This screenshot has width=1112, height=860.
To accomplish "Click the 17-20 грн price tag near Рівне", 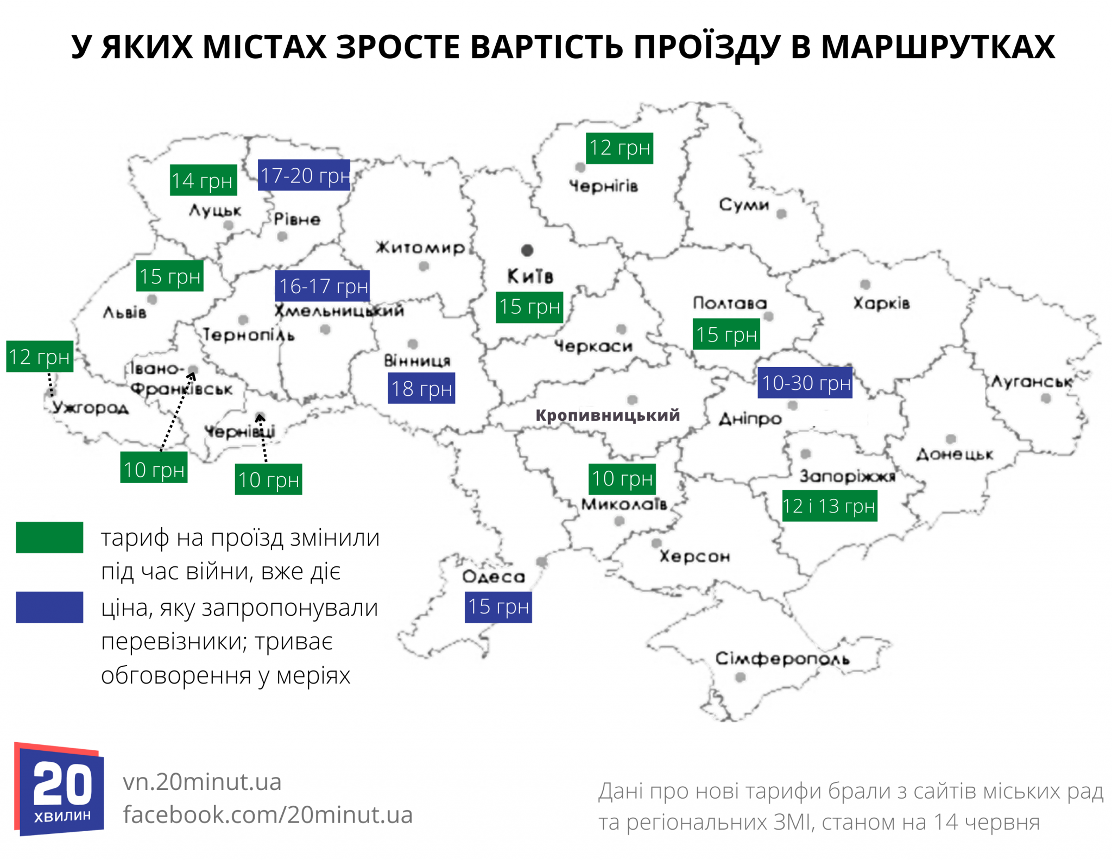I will click(x=304, y=175).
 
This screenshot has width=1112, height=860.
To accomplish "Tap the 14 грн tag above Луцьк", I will click(x=203, y=180).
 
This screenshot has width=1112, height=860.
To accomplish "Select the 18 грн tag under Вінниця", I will click(x=421, y=388).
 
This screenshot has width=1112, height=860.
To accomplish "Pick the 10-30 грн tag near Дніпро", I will click(x=805, y=383).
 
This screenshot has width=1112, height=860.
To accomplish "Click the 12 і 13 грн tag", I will click(x=829, y=506).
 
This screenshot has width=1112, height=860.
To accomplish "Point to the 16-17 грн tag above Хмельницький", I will click(x=323, y=286).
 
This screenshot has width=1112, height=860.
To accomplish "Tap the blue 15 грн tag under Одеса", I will click(x=498, y=606).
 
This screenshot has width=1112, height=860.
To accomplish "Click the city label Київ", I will click(x=530, y=276).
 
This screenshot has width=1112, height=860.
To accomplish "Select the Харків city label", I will click(x=881, y=303).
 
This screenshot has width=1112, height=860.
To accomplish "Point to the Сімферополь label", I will click(x=782, y=659).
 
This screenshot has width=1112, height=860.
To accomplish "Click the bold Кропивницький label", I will click(x=608, y=415).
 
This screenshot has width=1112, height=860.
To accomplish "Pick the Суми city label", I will click(x=744, y=205).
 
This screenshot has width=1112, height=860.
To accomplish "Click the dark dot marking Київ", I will click(x=527, y=250).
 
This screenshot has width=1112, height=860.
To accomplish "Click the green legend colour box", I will click(x=49, y=537).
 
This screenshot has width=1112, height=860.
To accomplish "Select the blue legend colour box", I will click(x=49, y=607).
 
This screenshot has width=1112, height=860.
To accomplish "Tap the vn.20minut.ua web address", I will click(x=202, y=782).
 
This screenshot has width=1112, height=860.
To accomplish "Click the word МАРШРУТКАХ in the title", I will click(x=938, y=47).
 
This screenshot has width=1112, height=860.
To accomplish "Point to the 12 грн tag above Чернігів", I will click(x=620, y=148).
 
